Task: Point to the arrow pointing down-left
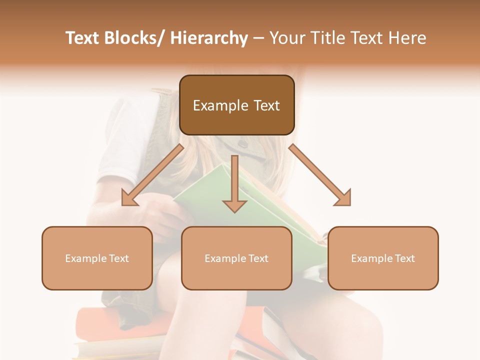[x=152, y=175]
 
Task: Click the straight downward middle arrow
[x=234, y=180]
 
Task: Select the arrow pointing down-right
[x=320, y=175]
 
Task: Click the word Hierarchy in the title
[x=208, y=38]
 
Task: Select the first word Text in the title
[x=83, y=38]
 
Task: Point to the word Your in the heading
[x=287, y=38]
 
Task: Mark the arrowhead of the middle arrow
[x=234, y=205]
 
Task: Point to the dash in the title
[x=258, y=38]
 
